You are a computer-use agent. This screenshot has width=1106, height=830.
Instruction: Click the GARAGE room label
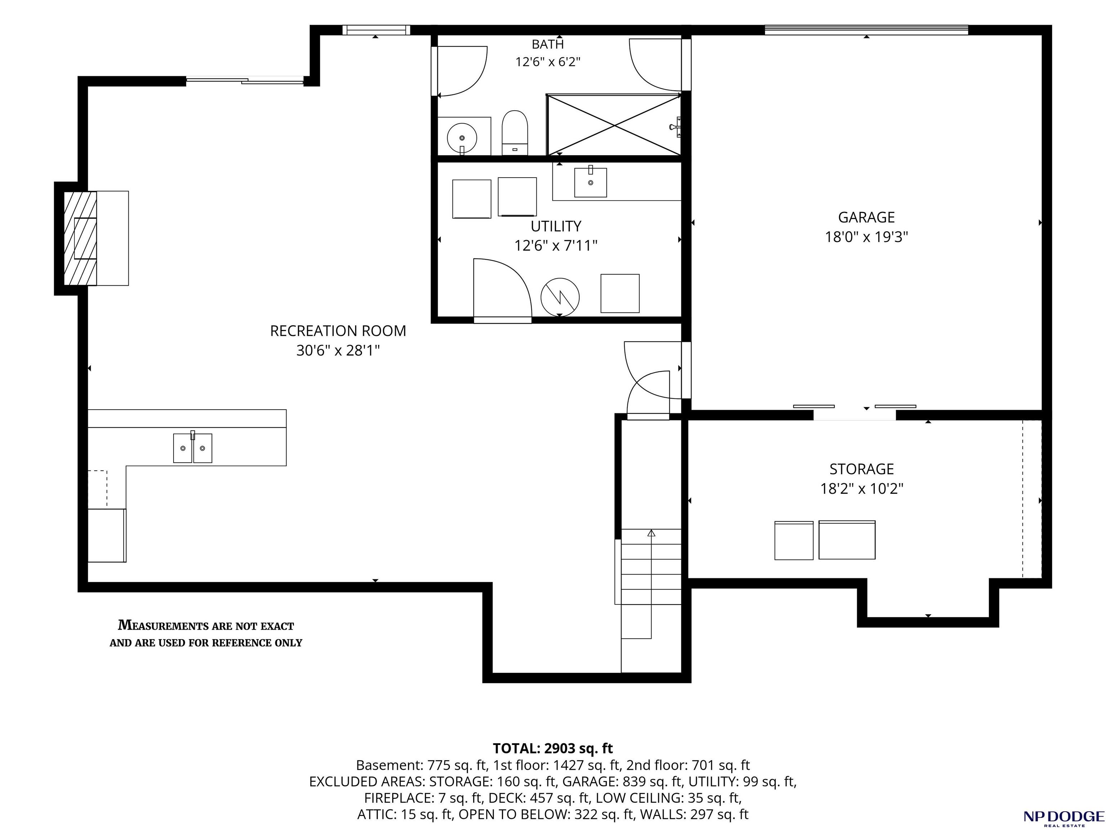[866, 218]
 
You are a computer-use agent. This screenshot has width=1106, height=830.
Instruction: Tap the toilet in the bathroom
[515, 133]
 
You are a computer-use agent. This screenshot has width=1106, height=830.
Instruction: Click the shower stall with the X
[614, 125]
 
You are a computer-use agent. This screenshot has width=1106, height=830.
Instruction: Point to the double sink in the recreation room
[193, 448]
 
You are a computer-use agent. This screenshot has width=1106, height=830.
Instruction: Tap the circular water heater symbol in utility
[560, 297]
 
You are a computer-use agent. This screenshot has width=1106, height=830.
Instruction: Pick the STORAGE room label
[861, 469]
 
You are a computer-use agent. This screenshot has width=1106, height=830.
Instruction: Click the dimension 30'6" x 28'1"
[338, 351]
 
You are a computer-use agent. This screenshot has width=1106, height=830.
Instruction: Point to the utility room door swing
[502, 288]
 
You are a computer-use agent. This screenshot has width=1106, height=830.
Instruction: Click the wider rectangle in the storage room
[847, 540]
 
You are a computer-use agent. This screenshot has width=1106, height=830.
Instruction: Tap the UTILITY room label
[556, 227]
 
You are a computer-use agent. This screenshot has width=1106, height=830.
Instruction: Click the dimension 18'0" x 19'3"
[866, 237]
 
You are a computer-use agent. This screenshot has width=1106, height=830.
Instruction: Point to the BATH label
[548, 44]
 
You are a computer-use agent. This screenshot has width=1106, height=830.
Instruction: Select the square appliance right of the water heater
[620, 294]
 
